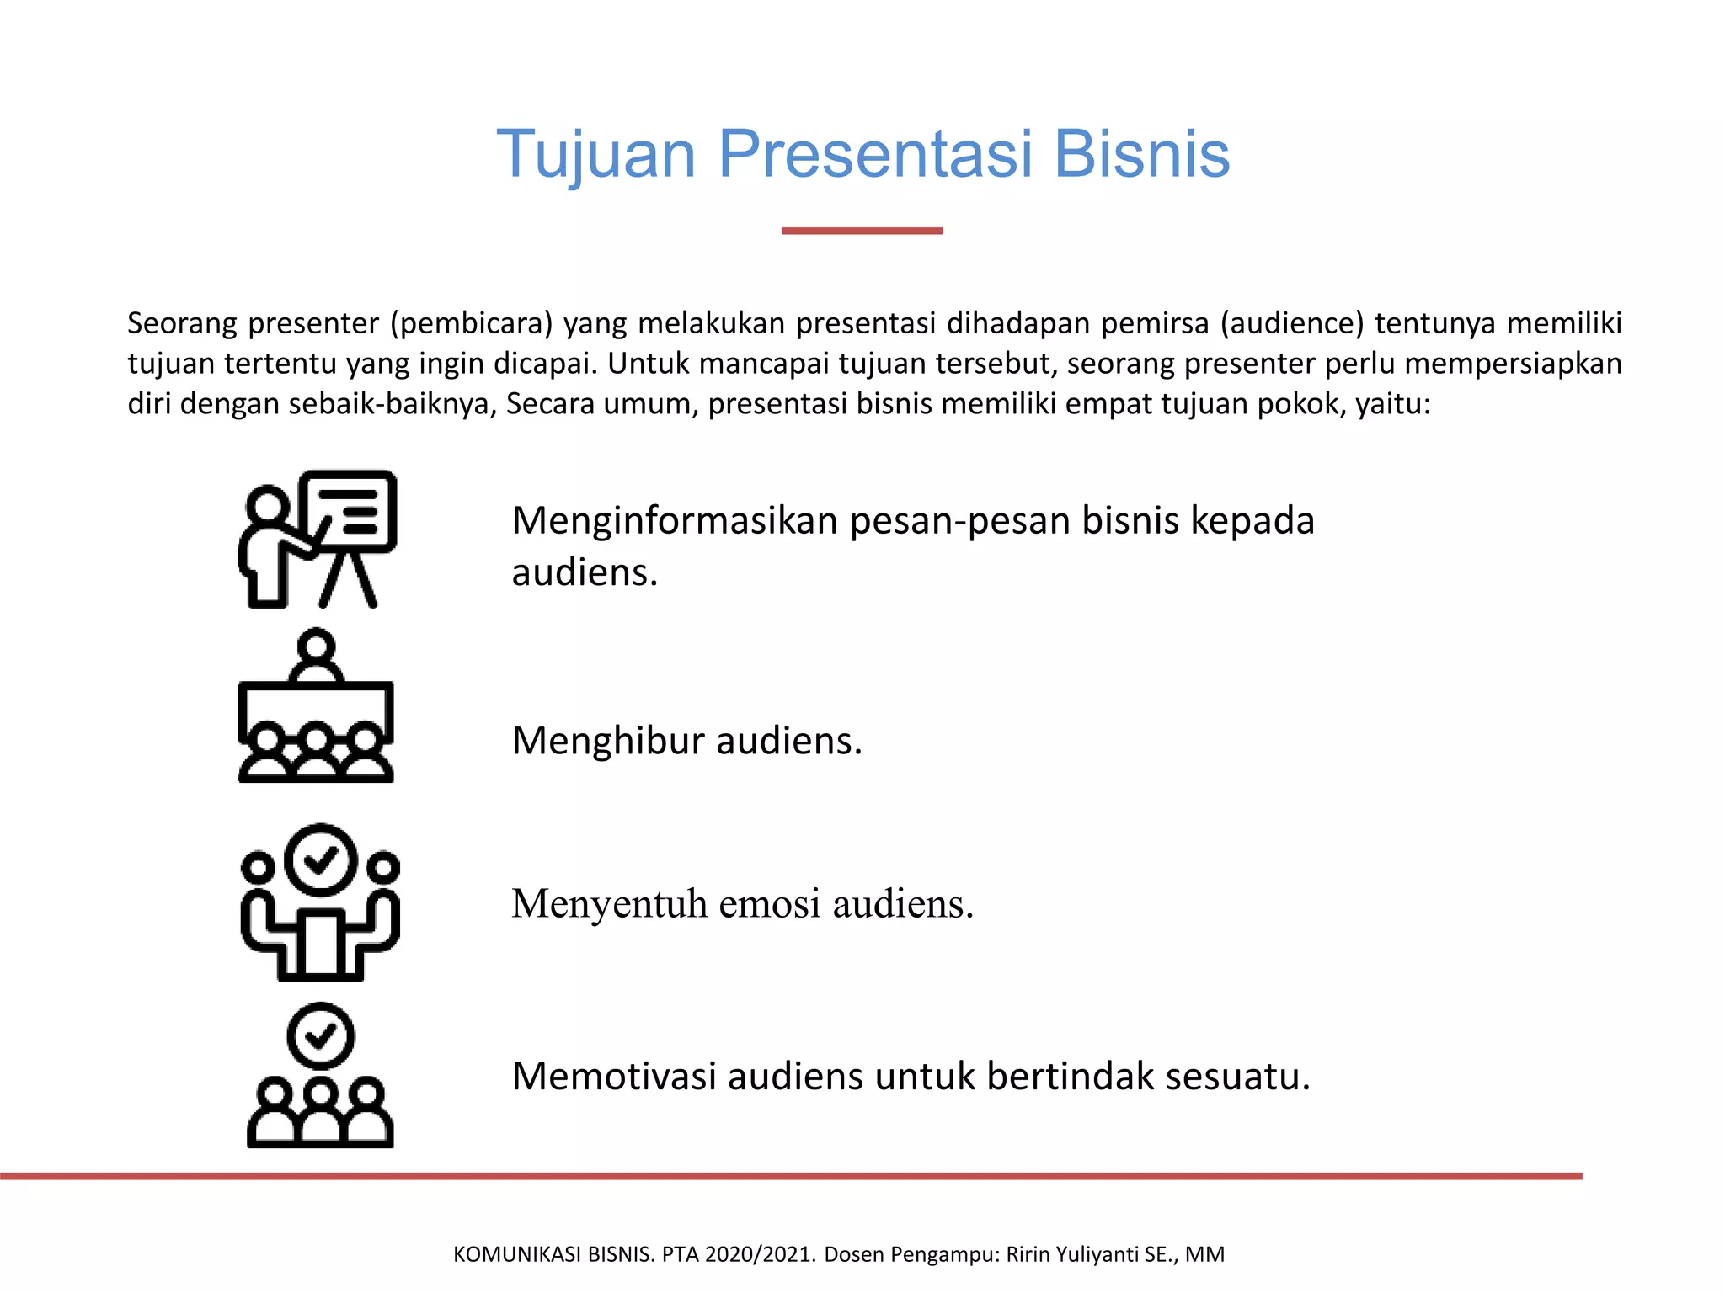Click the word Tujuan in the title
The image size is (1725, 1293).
coord(595,155)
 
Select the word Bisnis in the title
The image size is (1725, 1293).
coord(1141,155)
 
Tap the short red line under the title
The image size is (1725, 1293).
coord(862,231)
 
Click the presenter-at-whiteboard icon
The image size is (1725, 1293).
coord(318,539)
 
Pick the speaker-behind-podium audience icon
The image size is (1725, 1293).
coord(316,707)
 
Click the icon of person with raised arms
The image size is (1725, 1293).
coord(320,902)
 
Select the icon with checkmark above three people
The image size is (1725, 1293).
coord(320,1076)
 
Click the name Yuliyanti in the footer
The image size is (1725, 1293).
coord(1092,1254)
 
